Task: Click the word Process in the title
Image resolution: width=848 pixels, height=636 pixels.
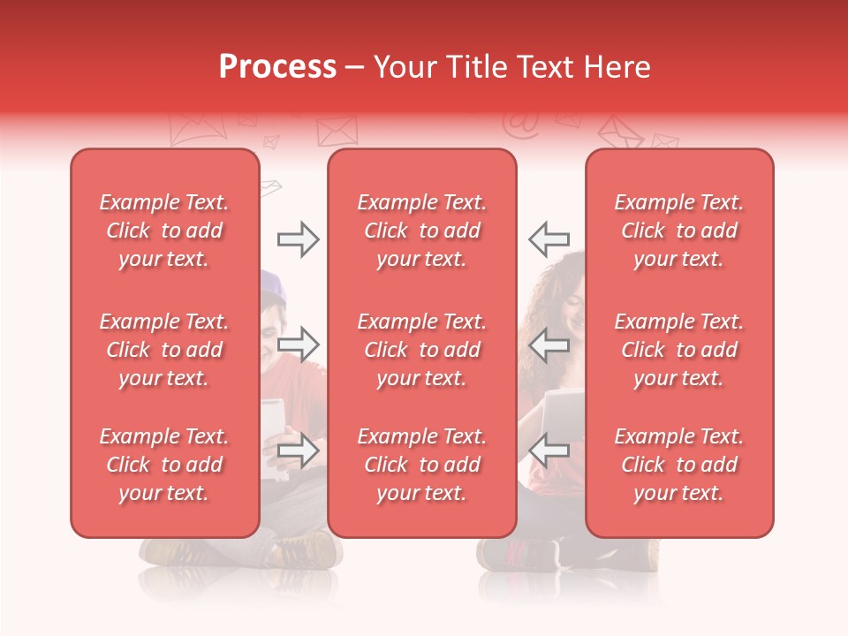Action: click(277, 67)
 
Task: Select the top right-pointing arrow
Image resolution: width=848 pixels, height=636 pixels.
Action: click(298, 239)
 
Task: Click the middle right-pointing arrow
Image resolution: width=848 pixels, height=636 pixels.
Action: click(298, 344)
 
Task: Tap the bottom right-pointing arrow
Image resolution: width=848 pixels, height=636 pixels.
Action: click(298, 450)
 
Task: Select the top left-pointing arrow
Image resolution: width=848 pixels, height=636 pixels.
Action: click(549, 239)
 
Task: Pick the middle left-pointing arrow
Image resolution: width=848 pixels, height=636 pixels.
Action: click(549, 344)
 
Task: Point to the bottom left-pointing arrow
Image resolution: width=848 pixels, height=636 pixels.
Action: click(549, 450)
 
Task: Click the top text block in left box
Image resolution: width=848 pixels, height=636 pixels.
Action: click(164, 231)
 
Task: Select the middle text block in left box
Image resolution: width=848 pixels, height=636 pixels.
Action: click(164, 350)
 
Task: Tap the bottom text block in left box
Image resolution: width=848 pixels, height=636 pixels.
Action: click(164, 465)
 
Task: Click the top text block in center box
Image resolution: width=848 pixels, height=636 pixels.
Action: click(421, 231)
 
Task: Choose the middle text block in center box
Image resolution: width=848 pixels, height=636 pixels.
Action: click(421, 350)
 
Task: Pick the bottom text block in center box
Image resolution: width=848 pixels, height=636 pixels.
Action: click(421, 465)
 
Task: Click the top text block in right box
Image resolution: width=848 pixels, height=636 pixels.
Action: click(678, 231)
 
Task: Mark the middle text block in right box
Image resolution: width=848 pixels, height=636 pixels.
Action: click(678, 350)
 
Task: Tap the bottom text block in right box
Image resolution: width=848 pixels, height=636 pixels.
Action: click(678, 465)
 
